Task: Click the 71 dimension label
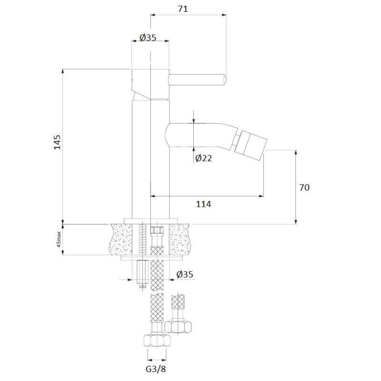[x=183, y=9]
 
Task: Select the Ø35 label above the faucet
[x=148, y=38]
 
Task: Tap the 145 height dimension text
[x=57, y=142]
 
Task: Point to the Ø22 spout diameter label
[x=204, y=158]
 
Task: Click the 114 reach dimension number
[x=204, y=204]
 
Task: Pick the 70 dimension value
[x=304, y=187]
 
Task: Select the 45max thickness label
[x=59, y=239]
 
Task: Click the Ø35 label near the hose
[x=185, y=274]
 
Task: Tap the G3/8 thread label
[x=156, y=369]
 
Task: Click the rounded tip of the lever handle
[x=224, y=80]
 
